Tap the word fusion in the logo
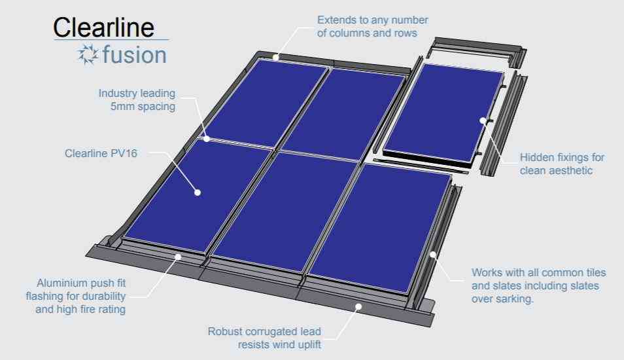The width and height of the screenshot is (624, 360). [135, 54]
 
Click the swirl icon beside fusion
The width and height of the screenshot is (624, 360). [88, 54]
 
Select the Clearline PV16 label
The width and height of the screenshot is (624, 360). [101, 153]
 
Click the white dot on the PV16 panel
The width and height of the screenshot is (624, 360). [198, 192]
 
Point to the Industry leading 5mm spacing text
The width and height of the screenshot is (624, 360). [137, 99]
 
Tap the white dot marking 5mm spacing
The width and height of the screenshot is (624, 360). [207, 139]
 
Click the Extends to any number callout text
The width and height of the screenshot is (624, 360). [372, 26]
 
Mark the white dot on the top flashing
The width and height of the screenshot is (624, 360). [275, 57]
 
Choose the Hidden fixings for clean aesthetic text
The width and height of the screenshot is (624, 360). [562, 164]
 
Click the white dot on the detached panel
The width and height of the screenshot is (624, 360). [483, 120]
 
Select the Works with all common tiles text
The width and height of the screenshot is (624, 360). [538, 285]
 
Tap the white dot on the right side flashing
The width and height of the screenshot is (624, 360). [433, 255]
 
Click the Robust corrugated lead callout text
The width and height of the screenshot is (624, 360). [264, 338]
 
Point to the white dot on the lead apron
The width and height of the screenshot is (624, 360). [358, 306]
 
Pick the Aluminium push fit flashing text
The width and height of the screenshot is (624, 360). [76, 296]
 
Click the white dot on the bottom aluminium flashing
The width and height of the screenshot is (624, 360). [178, 257]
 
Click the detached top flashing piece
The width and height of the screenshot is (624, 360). [477, 50]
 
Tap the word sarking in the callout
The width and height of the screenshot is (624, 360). [513, 298]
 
